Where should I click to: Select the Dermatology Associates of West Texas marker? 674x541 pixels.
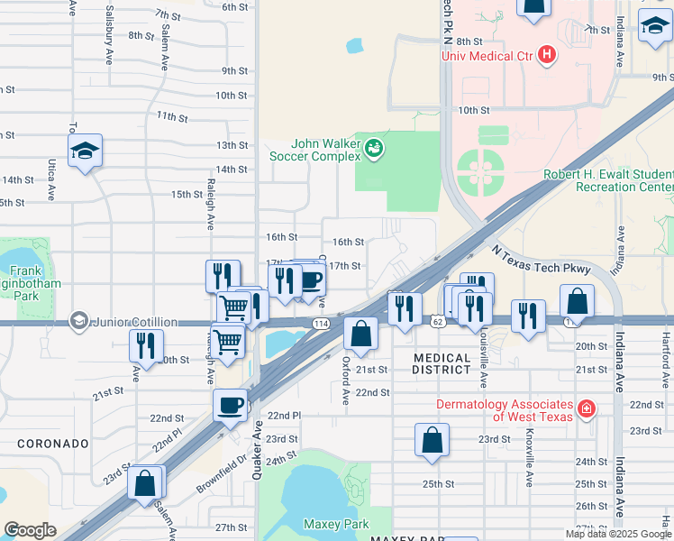point(587,409)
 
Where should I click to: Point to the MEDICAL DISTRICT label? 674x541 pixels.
point(442,363)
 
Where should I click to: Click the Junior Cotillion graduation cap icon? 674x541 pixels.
point(79,322)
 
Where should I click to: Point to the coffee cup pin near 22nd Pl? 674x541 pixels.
point(229,406)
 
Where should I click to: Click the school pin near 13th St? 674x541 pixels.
point(85,151)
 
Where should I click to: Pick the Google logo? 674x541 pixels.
point(30,530)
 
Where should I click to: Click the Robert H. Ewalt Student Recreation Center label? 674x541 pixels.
point(607,180)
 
